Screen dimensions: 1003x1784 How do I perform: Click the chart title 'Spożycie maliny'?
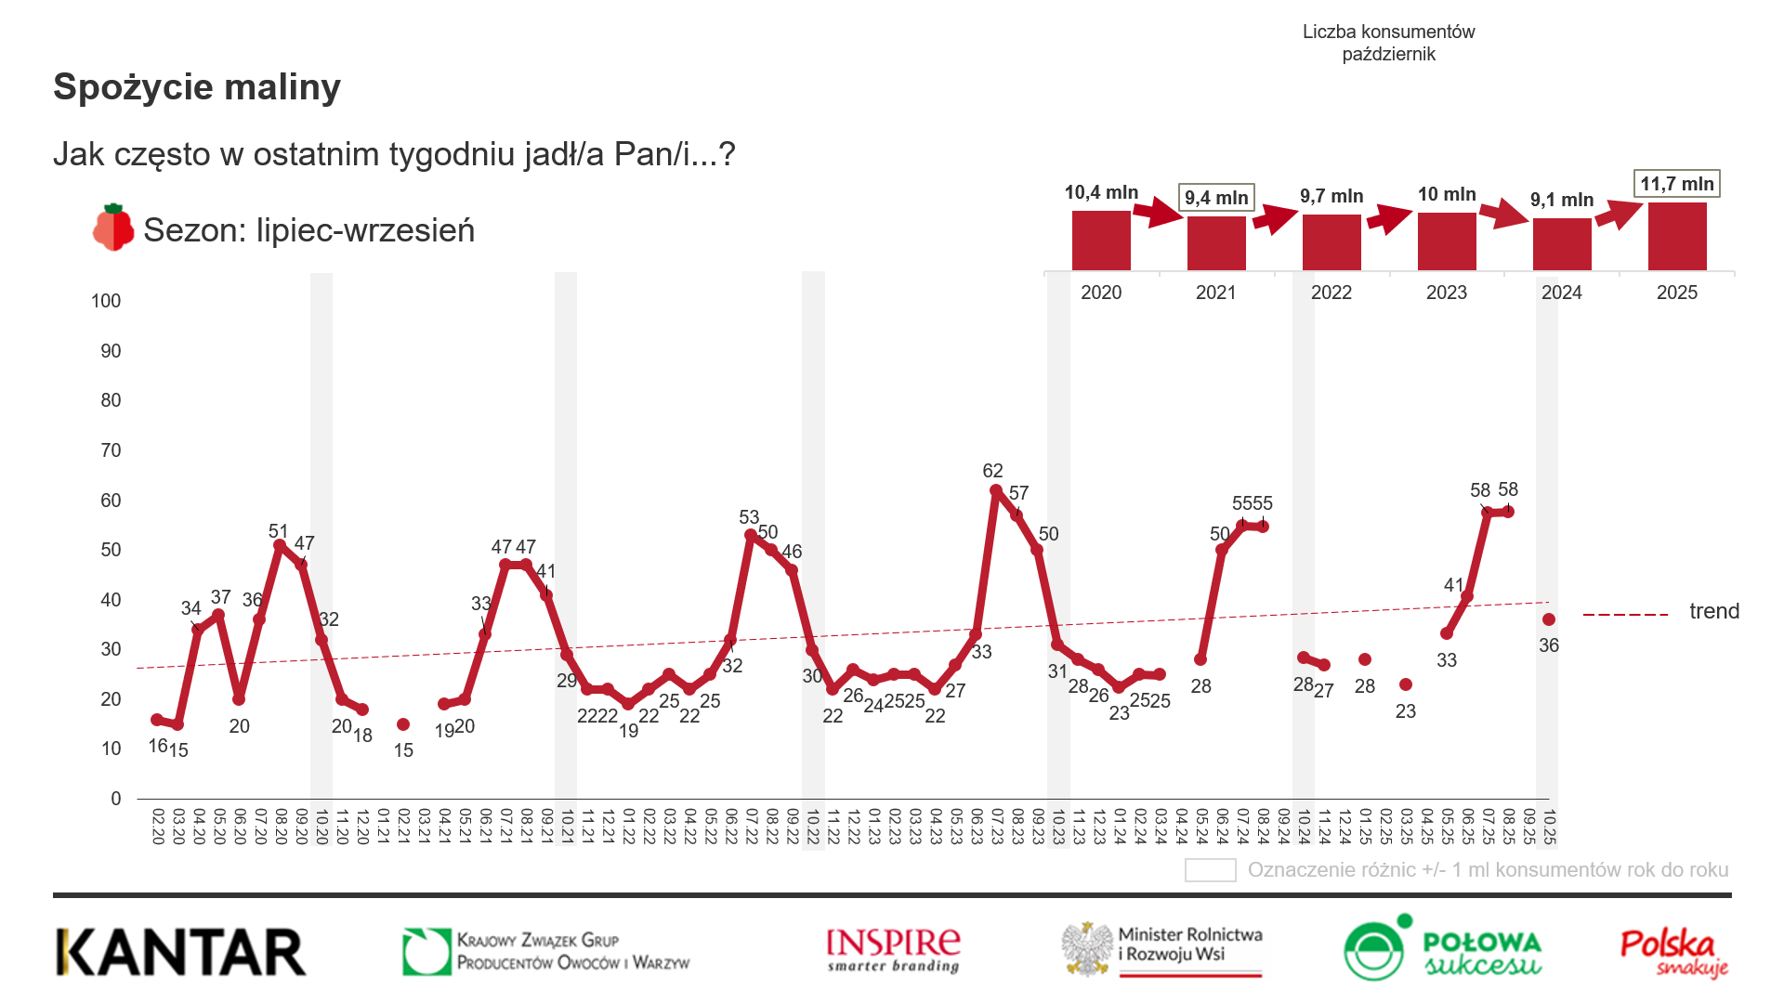click(197, 87)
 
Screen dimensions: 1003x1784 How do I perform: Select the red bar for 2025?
click(1677, 237)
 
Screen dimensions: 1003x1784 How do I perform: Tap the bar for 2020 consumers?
click(1101, 241)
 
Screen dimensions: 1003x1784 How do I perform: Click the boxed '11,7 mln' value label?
click(1677, 184)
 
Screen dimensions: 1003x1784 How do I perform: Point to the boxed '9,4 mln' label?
click(1216, 198)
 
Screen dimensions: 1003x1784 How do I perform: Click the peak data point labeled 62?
click(996, 490)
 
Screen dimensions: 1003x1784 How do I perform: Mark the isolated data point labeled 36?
click(1549, 619)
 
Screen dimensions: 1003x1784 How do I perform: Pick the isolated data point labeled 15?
click(403, 724)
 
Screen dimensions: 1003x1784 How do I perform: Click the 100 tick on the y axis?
click(106, 301)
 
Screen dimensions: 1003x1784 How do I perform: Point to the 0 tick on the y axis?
click(115, 799)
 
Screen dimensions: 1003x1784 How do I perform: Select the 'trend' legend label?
click(1714, 611)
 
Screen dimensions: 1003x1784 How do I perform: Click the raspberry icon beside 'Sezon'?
click(113, 228)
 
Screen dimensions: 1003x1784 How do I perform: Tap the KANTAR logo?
click(181, 953)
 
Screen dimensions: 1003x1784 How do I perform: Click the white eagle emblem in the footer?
click(1088, 949)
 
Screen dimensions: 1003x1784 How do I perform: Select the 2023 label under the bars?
click(1447, 293)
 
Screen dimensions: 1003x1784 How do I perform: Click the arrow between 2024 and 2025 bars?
click(1619, 215)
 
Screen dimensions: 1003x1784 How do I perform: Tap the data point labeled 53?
click(751, 535)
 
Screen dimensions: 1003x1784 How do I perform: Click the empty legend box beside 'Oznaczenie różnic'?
click(1210, 870)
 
